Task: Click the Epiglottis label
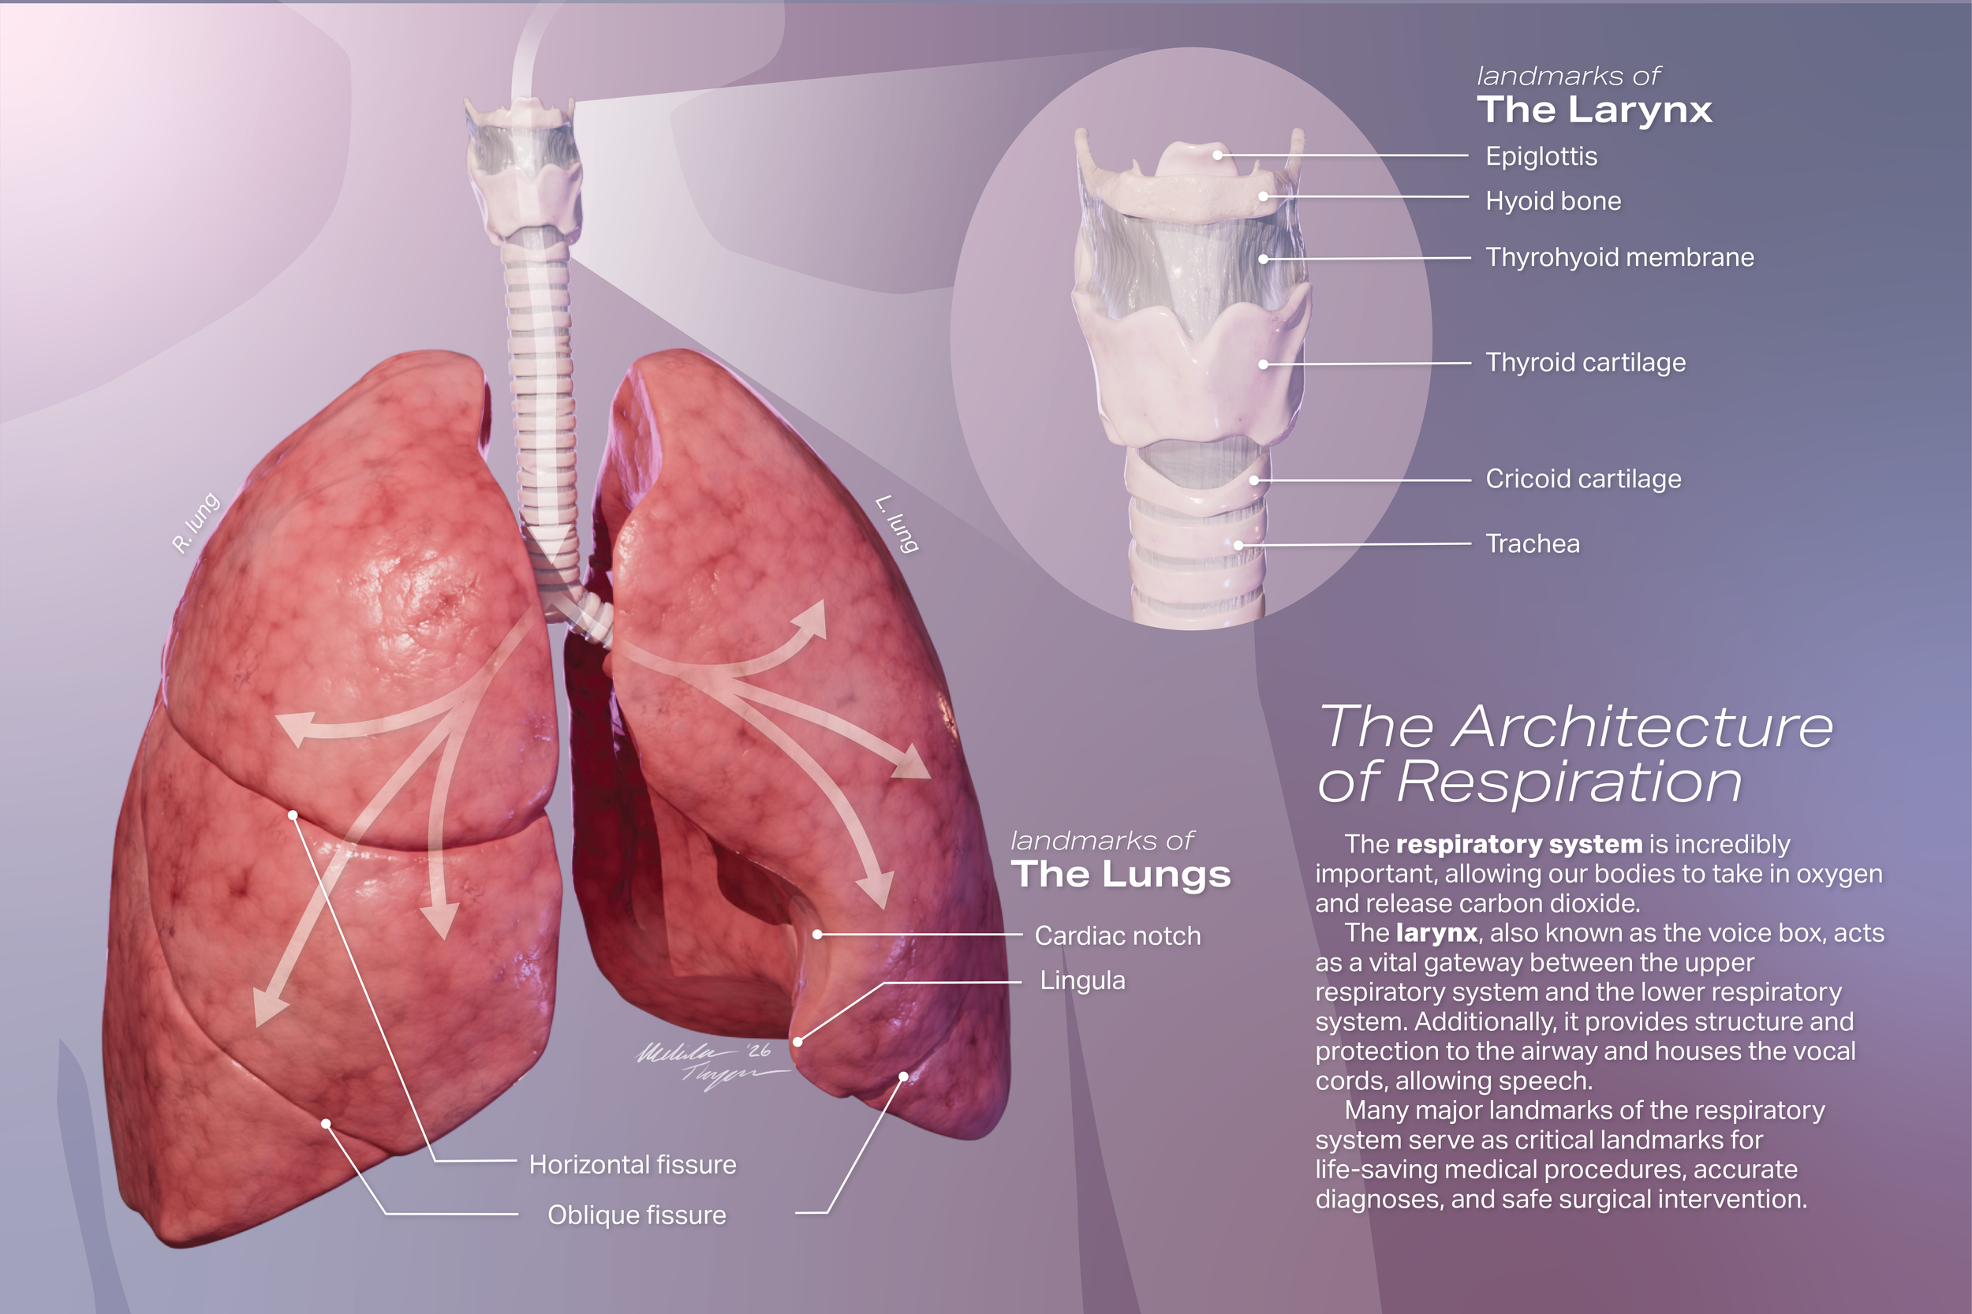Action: coord(1541,157)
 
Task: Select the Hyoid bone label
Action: coord(1552,201)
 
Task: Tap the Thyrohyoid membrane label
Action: coord(1619,257)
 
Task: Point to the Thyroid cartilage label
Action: coord(1585,363)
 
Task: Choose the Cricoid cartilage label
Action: coord(1582,480)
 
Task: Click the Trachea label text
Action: coord(1532,544)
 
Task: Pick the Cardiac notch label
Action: coord(1116,936)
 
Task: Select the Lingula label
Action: coord(1082,980)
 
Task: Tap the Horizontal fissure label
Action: coord(632,1165)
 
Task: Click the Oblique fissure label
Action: coord(636,1215)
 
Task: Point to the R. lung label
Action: coord(196,523)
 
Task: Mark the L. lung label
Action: coord(898,524)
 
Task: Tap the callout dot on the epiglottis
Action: coord(1217,155)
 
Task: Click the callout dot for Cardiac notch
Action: coord(817,934)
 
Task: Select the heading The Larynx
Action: coord(1593,110)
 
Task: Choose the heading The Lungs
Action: coord(1121,875)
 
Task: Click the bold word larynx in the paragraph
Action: coord(1436,933)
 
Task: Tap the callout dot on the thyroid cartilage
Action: coord(1263,364)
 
